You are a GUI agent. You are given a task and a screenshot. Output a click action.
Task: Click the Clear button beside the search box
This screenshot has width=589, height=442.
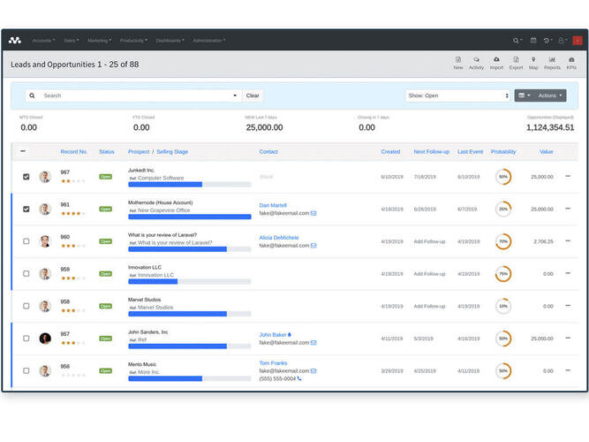[x=253, y=95]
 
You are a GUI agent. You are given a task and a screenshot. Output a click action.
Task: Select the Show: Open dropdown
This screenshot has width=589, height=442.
[x=457, y=95]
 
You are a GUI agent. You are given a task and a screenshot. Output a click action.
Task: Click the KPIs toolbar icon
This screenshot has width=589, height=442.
[x=571, y=63]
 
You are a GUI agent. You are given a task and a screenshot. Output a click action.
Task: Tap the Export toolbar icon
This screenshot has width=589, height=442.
[x=516, y=63]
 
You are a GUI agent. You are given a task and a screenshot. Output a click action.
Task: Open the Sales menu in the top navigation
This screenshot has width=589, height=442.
[x=71, y=41]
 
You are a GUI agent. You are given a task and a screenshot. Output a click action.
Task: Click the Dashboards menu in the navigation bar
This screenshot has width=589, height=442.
[x=170, y=41]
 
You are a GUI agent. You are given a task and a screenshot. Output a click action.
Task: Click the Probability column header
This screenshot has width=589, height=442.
[x=503, y=152]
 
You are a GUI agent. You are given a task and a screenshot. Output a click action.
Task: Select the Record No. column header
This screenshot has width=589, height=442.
[x=73, y=152]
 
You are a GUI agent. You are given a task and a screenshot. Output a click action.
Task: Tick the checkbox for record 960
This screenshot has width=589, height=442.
[x=26, y=241]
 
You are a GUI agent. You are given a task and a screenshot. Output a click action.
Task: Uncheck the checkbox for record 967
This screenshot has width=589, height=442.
[x=26, y=177]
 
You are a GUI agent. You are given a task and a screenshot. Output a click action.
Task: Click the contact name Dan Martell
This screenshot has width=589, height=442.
[x=272, y=205]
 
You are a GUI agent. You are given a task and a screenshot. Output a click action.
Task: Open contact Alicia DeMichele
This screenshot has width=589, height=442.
[x=278, y=238]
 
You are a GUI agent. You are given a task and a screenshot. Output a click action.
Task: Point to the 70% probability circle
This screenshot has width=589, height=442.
[x=503, y=241]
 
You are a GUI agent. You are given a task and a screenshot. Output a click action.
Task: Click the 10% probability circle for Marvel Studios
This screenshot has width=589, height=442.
[x=503, y=306]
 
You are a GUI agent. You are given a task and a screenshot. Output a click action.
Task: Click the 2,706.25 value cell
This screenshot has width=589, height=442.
[x=543, y=241]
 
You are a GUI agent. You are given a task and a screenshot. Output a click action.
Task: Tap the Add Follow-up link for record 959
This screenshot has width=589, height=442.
[x=429, y=274]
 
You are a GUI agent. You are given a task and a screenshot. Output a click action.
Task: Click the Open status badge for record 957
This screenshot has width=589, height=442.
[x=106, y=339]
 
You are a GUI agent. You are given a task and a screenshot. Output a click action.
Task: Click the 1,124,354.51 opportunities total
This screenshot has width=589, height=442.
[x=550, y=128]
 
